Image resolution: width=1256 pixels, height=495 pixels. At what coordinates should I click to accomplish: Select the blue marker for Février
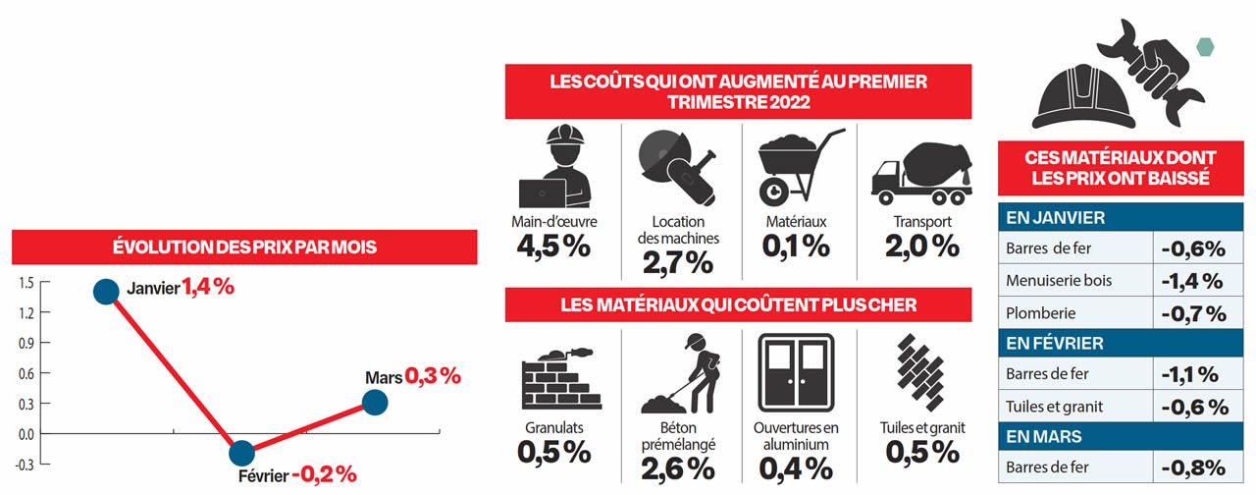point(241,454)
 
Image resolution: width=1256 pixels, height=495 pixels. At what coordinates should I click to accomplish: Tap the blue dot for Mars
point(375,402)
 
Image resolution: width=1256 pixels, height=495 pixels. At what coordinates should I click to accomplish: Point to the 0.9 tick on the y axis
point(26,343)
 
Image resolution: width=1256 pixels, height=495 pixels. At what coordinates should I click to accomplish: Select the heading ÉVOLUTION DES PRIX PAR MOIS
point(244,247)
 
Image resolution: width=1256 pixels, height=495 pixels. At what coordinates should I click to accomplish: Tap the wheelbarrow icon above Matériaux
point(798,168)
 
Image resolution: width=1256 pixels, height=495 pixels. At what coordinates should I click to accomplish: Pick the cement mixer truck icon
point(920,168)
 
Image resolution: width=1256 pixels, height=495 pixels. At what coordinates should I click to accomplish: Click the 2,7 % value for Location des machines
point(678,262)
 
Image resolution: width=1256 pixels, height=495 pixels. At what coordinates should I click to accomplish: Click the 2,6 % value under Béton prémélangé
point(678,468)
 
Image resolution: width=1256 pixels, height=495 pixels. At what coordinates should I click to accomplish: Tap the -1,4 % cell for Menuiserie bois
point(1192,281)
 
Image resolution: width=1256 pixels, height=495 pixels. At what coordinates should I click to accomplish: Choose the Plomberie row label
point(1041,314)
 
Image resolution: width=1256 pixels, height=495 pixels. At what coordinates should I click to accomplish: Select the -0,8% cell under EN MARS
point(1192,467)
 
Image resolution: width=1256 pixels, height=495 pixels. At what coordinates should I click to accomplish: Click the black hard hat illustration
point(1078,92)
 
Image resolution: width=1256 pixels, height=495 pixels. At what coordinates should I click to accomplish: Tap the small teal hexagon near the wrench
point(1205,45)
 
